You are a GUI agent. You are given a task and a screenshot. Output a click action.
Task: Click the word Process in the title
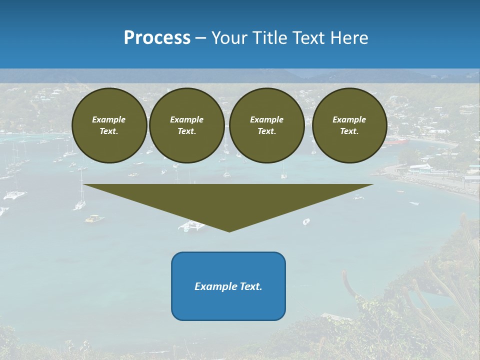pyautogui.click(x=157, y=38)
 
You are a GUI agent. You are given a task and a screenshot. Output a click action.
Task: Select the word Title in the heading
pyautogui.click(x=271, y=38)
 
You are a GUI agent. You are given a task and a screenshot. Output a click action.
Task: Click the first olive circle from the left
pyautogui.click(x=109, y=125)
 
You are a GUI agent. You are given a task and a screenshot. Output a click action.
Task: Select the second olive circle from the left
pyautogui.click(x=187, y=125)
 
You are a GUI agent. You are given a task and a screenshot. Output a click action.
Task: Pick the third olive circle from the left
pyautogui.click(x=267, y=125)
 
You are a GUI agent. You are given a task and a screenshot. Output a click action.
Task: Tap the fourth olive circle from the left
pyautogui.click(x=349, y=125)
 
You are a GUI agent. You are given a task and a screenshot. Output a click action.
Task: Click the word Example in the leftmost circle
pyautogui.click(x=109, y=119)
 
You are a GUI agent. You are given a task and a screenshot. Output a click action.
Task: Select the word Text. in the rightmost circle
pyautogui.click(x=349, y=131)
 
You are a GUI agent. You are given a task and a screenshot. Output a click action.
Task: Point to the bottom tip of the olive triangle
pyautogui.click(x=229, y=231)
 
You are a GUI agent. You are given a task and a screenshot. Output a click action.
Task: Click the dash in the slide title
pyautogui.click(x=201, y=38)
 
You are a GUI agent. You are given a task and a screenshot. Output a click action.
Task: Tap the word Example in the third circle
pyautogui.click(x=267, y=119)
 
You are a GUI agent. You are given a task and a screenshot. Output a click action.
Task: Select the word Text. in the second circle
pyautogui.click(x=187, y=131)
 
